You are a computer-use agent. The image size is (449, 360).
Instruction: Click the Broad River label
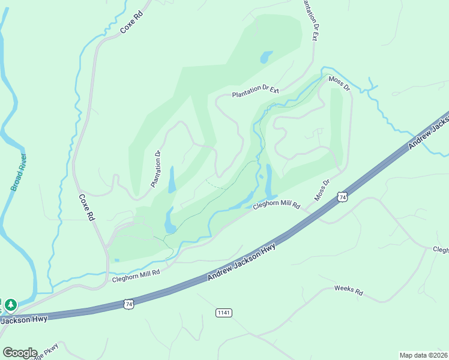tap(20, 172)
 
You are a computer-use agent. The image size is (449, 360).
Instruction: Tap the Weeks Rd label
tap(349, 291)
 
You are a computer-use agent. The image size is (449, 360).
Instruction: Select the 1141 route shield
tap(224, 313)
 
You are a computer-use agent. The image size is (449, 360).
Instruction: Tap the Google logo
tap(20, 353)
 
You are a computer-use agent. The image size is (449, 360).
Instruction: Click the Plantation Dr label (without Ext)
tap(156, 169)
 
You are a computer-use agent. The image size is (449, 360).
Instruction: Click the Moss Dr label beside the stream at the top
tap(339, 83)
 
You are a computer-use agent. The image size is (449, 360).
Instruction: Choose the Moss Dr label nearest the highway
tap(322, 190)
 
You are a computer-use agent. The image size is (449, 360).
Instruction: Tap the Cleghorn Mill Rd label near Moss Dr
tap(276, 205)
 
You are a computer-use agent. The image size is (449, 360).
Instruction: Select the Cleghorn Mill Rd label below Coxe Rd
tap(136, 272)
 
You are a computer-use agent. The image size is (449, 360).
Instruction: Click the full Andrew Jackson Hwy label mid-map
tap(242, 262)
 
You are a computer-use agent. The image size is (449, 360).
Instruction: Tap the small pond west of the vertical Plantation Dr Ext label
tap(264, 58)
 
